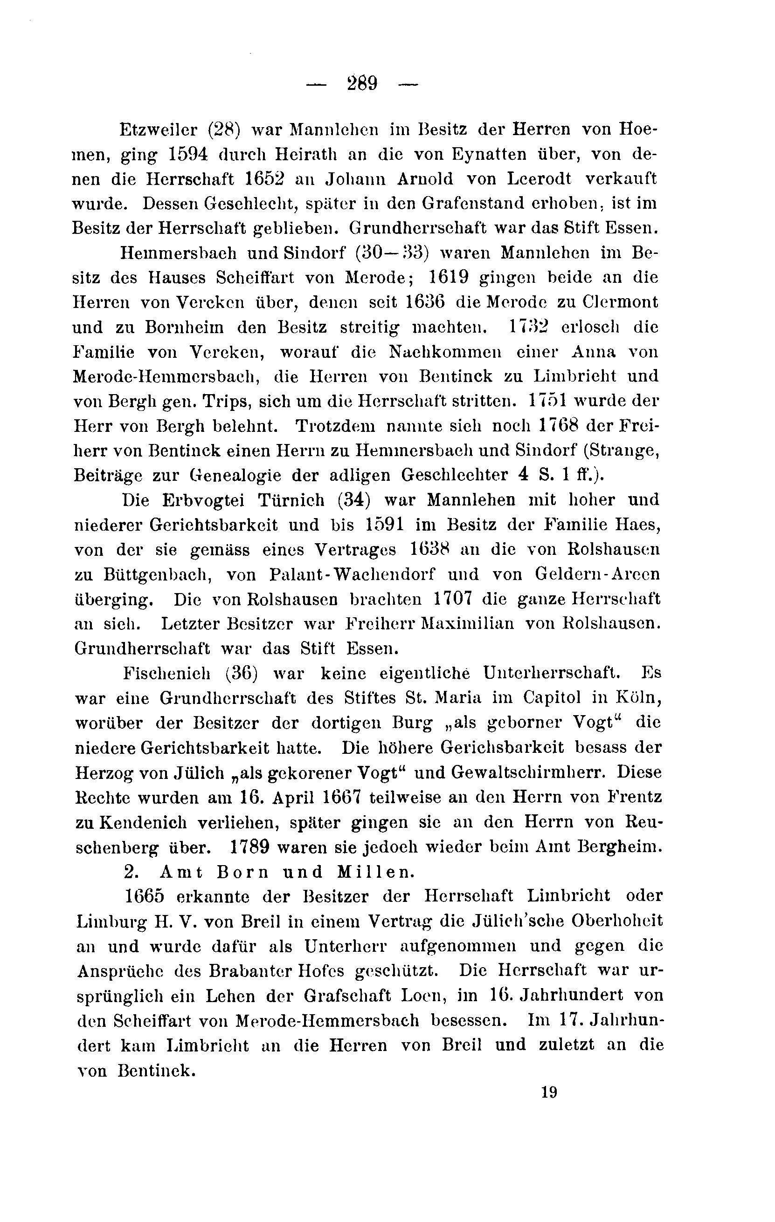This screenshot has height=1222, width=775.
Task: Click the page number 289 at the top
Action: point(363,83)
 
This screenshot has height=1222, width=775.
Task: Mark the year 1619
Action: point(449,278)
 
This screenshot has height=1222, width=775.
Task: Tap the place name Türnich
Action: point(291,500)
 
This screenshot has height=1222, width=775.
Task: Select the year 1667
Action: point(341,797)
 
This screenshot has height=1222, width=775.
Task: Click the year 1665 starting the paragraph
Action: point(145,896)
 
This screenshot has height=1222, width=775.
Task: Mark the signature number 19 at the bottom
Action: point(549,1092)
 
